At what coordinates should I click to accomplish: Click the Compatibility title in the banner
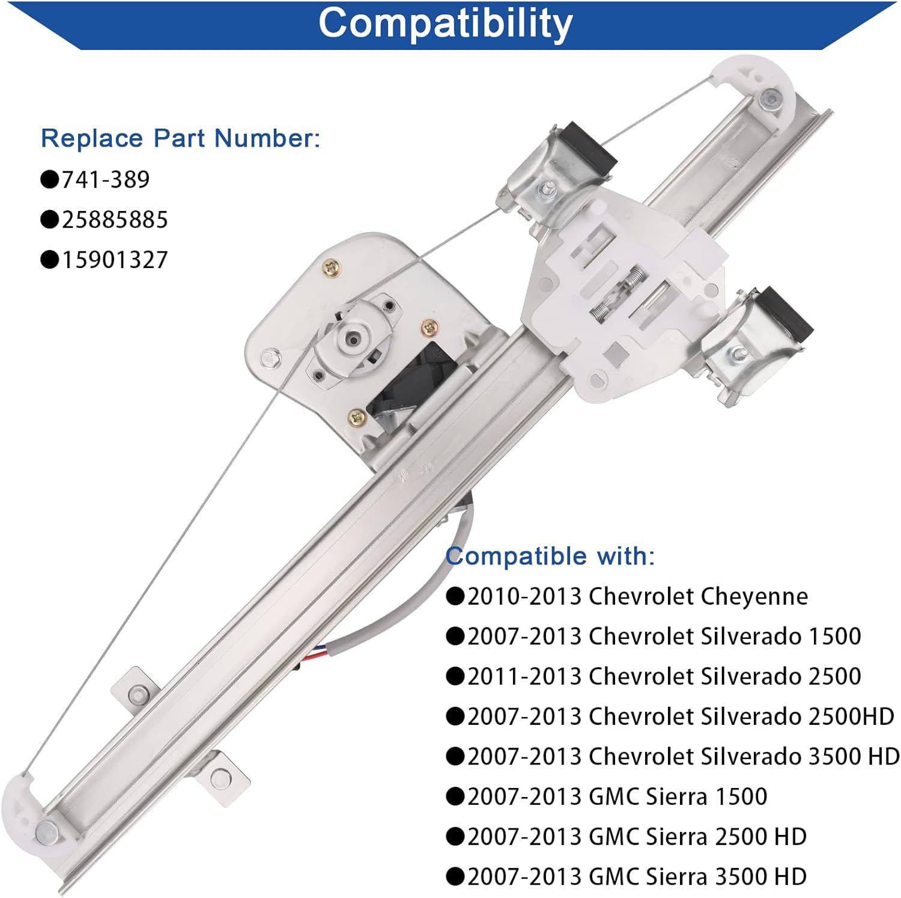[445, 23]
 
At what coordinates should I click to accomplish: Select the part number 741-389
[106, 179]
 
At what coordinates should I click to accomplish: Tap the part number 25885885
[115, 219]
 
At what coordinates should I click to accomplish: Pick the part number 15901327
[115, 260]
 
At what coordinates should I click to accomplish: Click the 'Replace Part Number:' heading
[180, 138]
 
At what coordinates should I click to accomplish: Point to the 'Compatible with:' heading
[550, 556]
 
